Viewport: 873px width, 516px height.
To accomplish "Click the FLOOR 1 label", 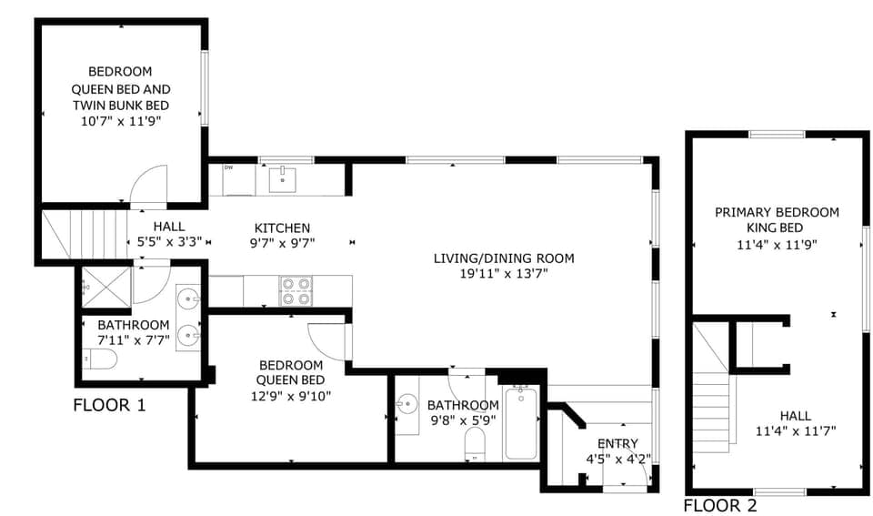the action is point(109,405).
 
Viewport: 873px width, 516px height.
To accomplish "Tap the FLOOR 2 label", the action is point(720,505).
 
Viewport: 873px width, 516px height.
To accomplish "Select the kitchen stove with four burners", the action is point(296,291).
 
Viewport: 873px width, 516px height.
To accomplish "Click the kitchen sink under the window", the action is point(283,179).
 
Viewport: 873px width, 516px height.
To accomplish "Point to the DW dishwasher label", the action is point(228,167).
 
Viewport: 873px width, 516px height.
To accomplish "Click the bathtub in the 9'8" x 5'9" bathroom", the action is point(521,423).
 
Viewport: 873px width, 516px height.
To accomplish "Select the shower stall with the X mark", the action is point(106,287).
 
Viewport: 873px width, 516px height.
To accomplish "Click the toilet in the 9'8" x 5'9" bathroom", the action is point(475,443).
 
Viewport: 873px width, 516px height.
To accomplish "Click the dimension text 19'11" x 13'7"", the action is point(504,274).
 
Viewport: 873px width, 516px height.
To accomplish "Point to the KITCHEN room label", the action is point(282,228).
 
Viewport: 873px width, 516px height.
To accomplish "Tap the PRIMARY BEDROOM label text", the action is point(777,212).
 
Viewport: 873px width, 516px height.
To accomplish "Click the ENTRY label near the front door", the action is point(617,443).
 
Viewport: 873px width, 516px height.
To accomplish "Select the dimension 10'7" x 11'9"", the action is point(121,121).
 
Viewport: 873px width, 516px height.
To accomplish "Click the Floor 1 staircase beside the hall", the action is point(85,234).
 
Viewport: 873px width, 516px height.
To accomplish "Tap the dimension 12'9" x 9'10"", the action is point(291,396).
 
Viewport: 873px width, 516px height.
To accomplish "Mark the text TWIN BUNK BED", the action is point(121,106).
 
